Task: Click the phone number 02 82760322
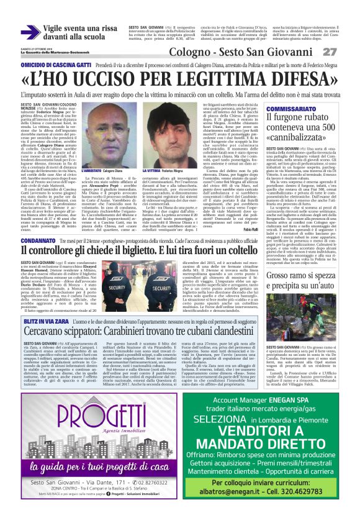click(151, 481)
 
